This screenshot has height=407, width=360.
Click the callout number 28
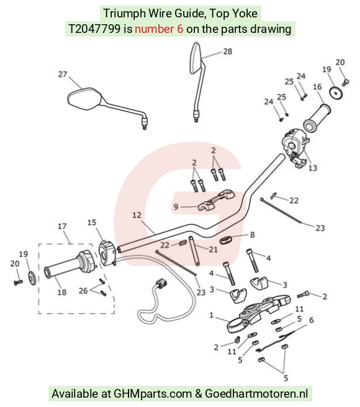(x=227, y=52)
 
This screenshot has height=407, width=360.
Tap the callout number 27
(x=63, y=75)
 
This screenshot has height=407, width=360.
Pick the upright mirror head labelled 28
(x=196, y=58)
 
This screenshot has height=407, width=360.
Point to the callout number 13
(x=313, y=168)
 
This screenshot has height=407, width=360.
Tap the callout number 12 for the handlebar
(x=137, y=215)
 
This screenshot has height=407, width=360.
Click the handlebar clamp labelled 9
(x=217, y=200)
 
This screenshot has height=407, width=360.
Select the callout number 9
(x=176, y=207)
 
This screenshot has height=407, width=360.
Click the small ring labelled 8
(x=226, y=240)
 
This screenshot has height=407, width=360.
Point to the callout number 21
(x=213, y=249)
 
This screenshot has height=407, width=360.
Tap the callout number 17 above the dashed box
(x=62, y=226)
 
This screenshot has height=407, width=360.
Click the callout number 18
(x=61, y=292)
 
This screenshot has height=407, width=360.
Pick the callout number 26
(x=83, y=290)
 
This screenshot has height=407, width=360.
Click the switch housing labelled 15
(x=107, y=253)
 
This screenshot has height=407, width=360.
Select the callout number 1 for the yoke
(x=212, y=315)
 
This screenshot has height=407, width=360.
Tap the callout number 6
(x=311, y=320)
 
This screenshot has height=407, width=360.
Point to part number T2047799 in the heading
(x=94, y=29)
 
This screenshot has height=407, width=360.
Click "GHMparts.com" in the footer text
(x=153, y=394)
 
